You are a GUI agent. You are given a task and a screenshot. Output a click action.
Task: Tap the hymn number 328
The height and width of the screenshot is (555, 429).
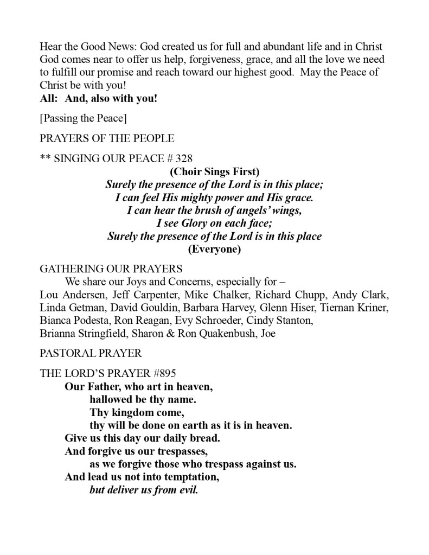[x=184, y=158]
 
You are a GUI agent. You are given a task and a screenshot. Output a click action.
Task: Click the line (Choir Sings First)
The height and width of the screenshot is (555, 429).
[x=214, y=172]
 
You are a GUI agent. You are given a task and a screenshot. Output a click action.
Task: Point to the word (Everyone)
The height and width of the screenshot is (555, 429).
[x=214, y=250]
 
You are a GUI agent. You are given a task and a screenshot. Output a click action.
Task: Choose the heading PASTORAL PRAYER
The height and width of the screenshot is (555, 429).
[x=91, y=353]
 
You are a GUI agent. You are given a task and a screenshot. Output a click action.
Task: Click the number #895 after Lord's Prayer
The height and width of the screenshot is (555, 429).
[x=161, y=374]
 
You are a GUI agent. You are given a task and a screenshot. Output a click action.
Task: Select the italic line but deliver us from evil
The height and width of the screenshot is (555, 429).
[x=144, y=490]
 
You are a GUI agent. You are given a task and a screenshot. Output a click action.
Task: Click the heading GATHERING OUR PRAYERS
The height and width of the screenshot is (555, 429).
[x=111, y=269]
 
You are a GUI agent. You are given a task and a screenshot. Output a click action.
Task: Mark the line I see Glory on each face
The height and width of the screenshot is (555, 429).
[x=214, y=224]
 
